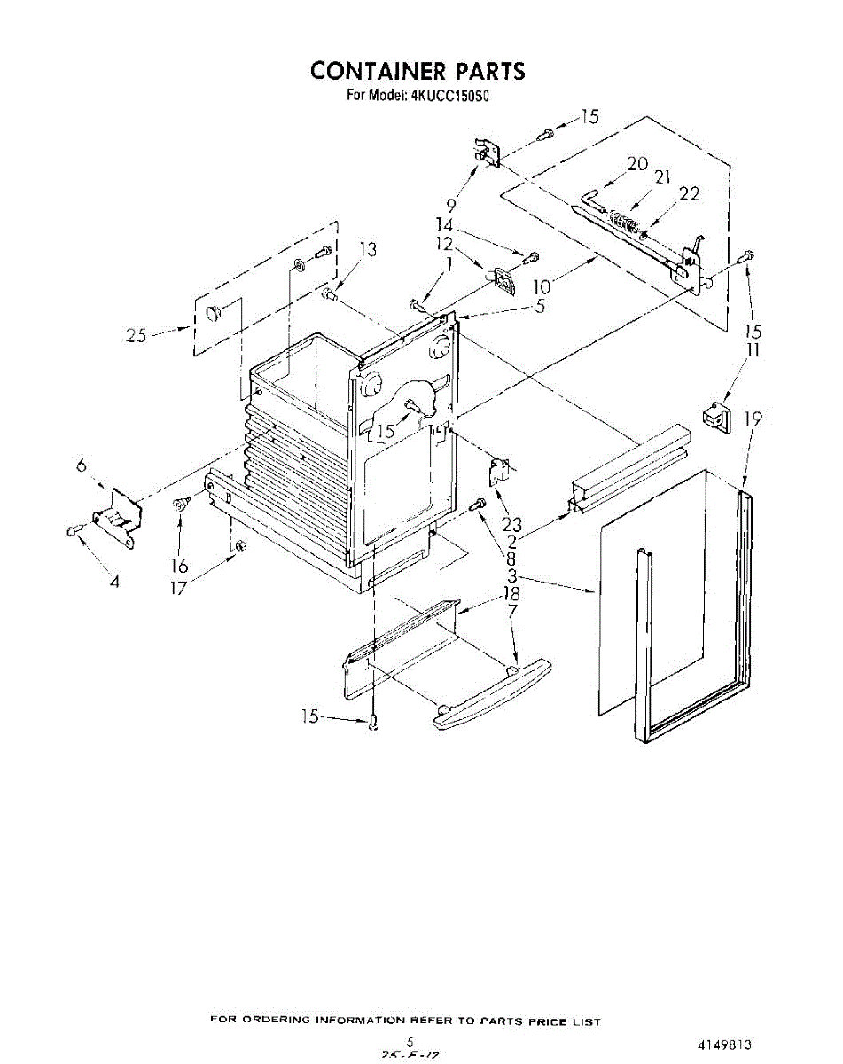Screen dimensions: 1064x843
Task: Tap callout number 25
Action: click(136, 336)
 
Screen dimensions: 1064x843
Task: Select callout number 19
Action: click(753, 419)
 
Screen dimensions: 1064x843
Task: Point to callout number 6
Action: click(81, 464)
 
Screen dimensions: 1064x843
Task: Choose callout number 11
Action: click(753, 351)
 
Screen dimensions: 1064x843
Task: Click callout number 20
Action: click(637, 164)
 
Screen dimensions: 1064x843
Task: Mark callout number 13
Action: click(367, 251)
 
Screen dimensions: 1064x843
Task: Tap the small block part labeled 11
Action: click(714, 414)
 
